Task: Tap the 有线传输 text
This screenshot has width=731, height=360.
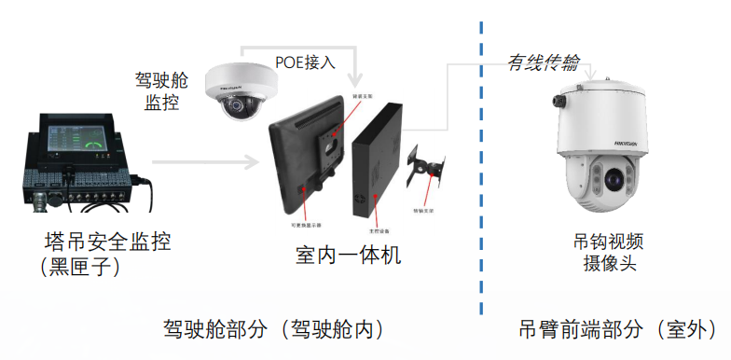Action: (543, 62)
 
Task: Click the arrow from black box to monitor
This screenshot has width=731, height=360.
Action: (205, 162)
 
